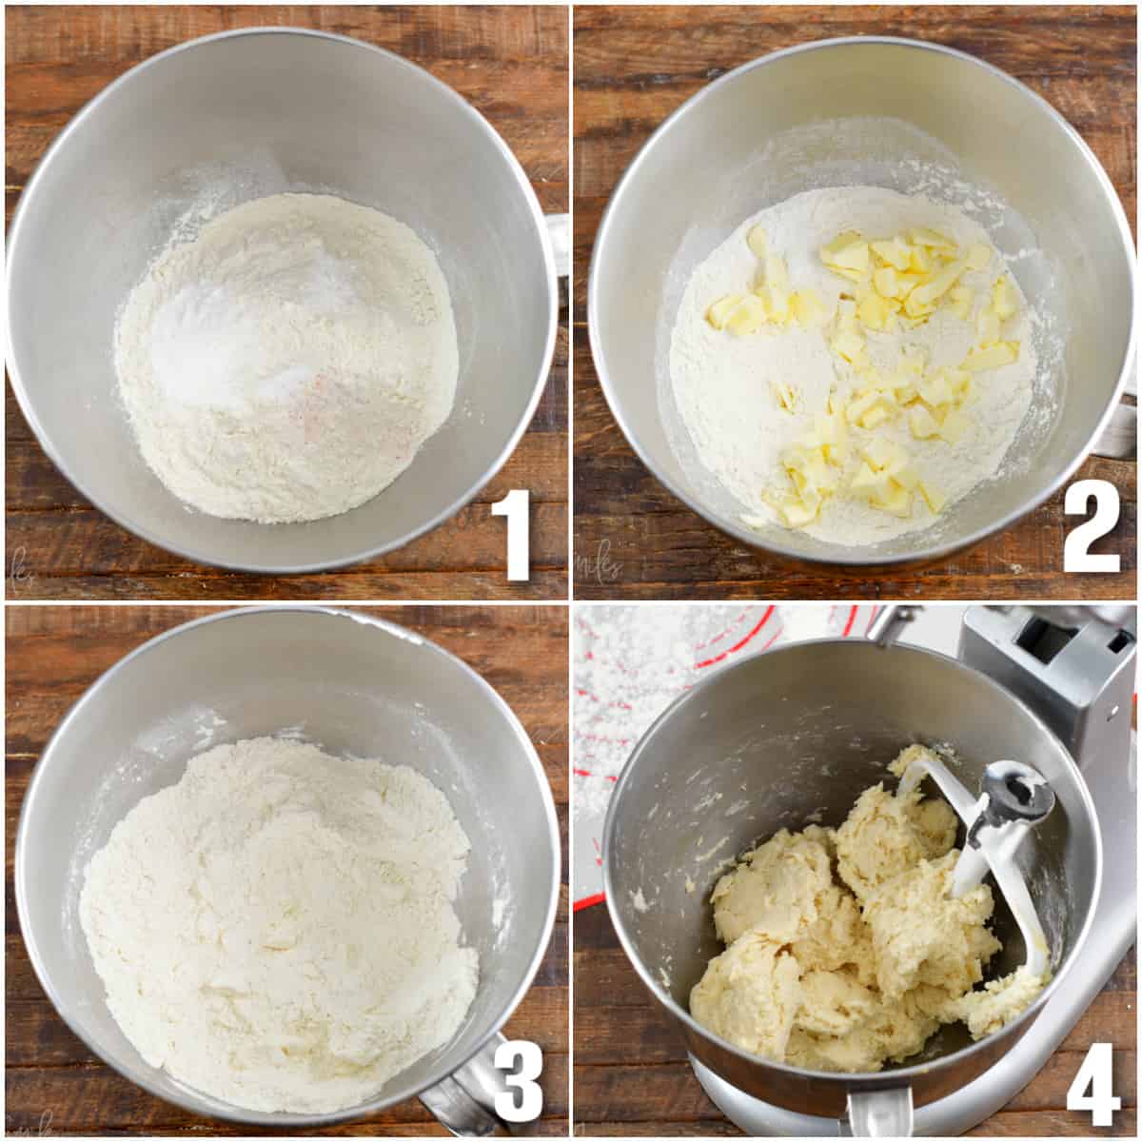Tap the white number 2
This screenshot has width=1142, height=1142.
[x=1091, y=530]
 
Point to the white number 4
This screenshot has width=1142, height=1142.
[x=1093, y=1085]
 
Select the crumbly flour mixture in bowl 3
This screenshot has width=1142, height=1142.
[x=276, y=914]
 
